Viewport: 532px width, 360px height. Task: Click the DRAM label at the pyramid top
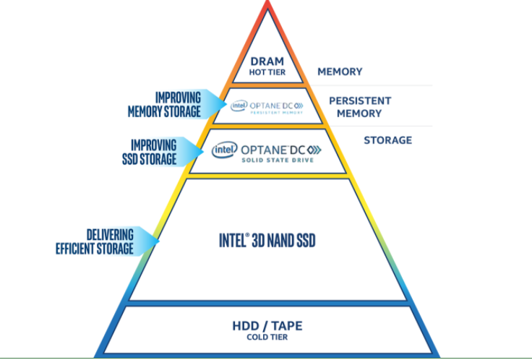pyautogui.click(x=267, y=61)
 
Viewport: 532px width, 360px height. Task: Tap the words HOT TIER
pyautogui.click(x=267, y=72)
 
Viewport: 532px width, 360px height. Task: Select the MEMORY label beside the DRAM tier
pyautogui.click(x=340, y=72)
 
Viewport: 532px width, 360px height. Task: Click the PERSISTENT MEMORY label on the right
pyautogui.click(x=360, y=106)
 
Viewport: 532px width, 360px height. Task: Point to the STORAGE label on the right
pyautogui.click(x=387, y=140)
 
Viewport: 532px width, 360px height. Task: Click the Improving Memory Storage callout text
pyautogui.click(x=164, y=104)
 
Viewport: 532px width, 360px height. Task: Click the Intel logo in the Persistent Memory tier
pyautogui.click(x=239, y=106)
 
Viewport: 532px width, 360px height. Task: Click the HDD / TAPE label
pyautogui.click(x=267, y=326)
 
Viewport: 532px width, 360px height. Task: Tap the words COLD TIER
pyautogui.click(x=267, y=338)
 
